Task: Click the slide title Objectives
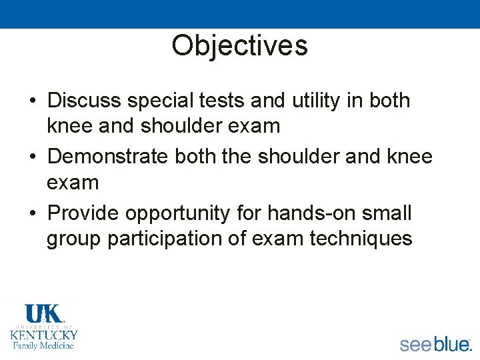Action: point(239,45)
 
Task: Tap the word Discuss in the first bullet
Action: point(85,101)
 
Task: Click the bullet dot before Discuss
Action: point(32,101)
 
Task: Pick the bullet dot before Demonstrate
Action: point(32,157)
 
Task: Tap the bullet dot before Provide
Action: point(32,214)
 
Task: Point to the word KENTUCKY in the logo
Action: point(44,335)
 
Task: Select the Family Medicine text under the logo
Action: point(44,345)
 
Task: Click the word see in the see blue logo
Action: point(415,344)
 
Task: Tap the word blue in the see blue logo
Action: point(451,344)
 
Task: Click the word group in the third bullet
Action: point(74,239)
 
